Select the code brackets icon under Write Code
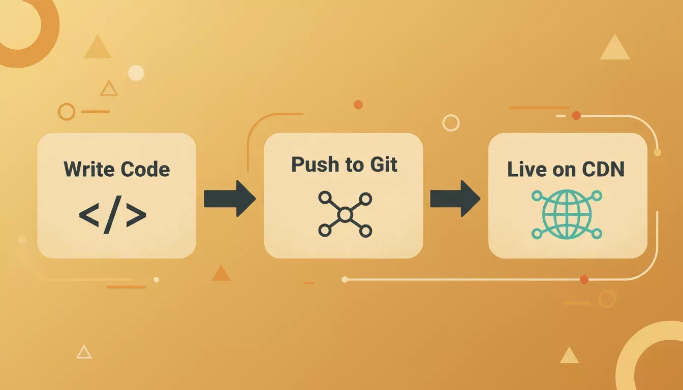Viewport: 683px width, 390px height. [112, 215]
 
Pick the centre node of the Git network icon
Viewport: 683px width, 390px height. [345, 215]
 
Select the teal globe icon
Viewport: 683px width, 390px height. [567, 214]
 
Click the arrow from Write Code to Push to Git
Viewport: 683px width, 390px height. [230, 199]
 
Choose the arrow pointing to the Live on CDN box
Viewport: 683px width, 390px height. [455, 199]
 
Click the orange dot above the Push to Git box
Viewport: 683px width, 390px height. [358, 105]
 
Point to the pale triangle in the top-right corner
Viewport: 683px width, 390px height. [615, 49]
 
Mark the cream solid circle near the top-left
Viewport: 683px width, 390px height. [136, 73]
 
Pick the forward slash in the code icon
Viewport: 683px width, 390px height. [112, 215]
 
